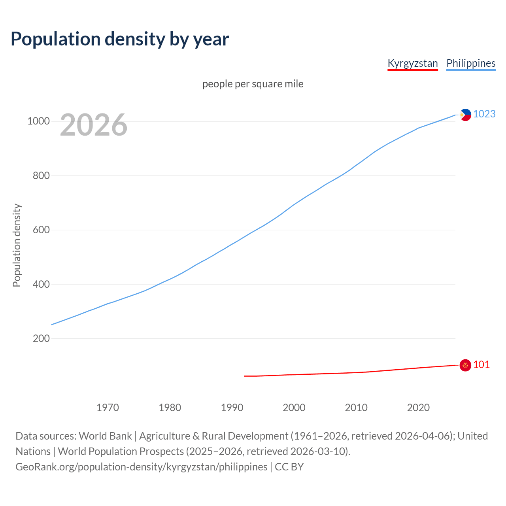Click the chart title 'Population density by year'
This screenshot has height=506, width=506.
(x=120, y=39)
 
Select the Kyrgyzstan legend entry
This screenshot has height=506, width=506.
(x=412, y=63)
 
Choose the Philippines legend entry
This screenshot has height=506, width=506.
(x=470, y=63)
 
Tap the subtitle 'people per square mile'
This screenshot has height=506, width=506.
(x=253, y=84)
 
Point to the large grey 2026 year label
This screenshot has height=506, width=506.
(x=94, y=125)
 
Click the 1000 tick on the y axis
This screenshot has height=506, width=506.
(x=38, y=121)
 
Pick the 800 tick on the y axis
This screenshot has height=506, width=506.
(x=41, y=176)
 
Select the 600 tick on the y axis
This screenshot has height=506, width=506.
(x=41, y=230)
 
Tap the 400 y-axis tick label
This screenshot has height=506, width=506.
(x=41, y=284)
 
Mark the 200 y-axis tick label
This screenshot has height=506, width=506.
(x=41, y=339)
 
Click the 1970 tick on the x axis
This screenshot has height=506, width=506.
(x=108, y=408)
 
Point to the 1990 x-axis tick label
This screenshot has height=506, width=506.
(x=232, y=408)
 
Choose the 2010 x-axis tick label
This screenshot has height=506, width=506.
(x=356, y=408)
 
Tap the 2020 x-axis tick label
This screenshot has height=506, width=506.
(x=418, y=408)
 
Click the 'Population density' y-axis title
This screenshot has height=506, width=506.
(x=17, y=245)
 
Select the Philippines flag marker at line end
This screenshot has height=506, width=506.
(x=465, y=115)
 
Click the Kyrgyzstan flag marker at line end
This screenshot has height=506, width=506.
(x=465, y=365)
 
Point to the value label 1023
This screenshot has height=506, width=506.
(x=484, y=114)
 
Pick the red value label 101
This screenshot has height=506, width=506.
(x=481, y=364)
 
